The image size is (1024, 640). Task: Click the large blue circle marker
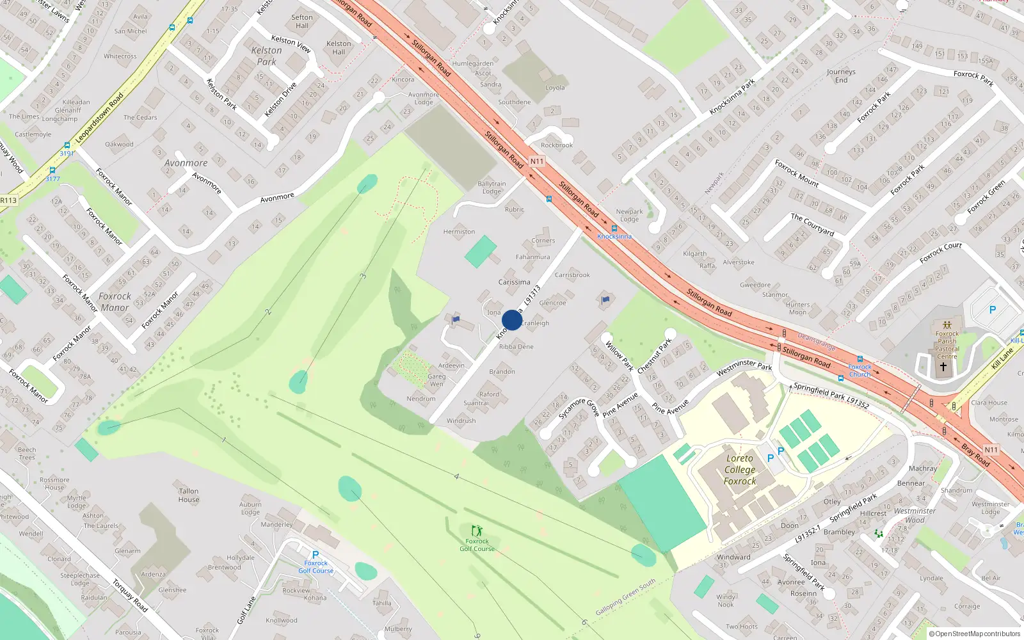pos(512,320)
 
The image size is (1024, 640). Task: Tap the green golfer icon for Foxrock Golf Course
pos(477,531)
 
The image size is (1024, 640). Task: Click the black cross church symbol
pos(943,367)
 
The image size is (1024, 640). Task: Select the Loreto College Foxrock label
pos(740,470)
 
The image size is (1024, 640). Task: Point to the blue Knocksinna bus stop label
pos(614,236)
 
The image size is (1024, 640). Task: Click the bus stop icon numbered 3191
pos(67,146)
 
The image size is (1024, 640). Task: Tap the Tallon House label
pos(189,495)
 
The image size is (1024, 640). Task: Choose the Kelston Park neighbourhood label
pos(266,56)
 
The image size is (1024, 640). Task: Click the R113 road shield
pos(8,200)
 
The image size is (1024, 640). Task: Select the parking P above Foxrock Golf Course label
pos(315,555)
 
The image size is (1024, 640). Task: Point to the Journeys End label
pos(841,76)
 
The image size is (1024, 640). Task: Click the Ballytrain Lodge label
pos(492,188)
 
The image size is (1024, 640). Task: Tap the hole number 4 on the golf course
pos(456,477)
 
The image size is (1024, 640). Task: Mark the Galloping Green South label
pos(625,598)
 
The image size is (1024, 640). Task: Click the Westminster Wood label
pos(915,515)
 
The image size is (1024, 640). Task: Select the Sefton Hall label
pos(302,21)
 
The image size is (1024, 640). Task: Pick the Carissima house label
pos(514,282)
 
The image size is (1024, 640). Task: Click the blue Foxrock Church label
pos(860,371)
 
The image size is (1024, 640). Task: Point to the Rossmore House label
pos(54,483)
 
